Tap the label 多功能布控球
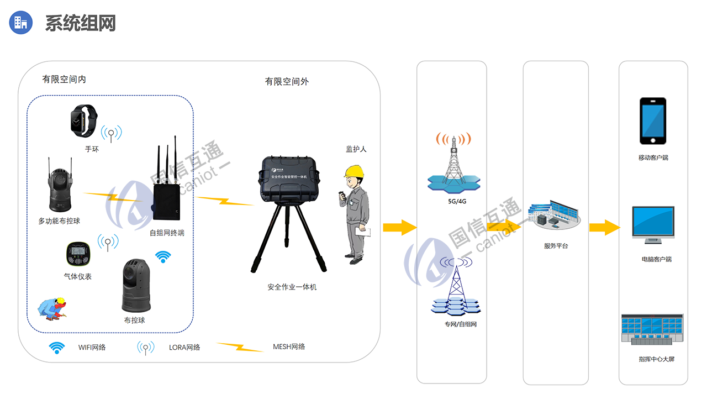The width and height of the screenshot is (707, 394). click(59, 221)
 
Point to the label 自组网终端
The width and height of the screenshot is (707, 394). click(167, 233)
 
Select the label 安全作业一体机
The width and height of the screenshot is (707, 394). click(292, 287)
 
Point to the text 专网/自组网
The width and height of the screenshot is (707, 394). click(460, 324)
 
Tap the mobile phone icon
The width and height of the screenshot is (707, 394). click(653, 121)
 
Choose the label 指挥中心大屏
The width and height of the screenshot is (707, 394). click(656, 359)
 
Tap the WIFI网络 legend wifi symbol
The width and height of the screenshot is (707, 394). click(56, 347)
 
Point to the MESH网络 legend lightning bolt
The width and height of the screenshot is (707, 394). click(240, 346)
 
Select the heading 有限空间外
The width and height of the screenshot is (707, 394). click(287, 82)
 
